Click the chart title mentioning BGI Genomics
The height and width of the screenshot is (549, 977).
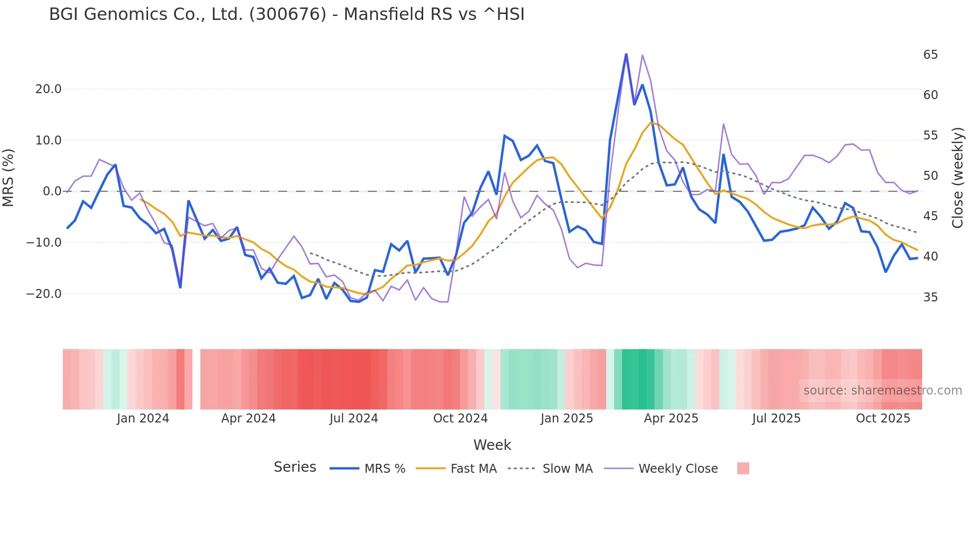[287, 14]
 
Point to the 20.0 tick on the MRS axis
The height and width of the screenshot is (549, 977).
[48, 89]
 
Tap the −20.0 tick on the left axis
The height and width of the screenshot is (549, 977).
[44, 294]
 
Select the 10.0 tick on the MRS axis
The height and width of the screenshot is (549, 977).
[48, 140]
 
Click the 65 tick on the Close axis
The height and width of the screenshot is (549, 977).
[930, 55]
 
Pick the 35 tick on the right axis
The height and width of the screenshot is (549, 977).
[930, 297]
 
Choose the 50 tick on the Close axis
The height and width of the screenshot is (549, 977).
[930, 176]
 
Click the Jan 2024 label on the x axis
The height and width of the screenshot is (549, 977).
[143, 418]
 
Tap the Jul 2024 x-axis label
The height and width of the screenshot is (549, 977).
[354, 418]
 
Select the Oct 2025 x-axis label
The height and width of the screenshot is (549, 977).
[883, 418]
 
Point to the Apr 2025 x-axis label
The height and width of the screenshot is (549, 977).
[671, 418]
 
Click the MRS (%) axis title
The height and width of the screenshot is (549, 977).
[8, 178]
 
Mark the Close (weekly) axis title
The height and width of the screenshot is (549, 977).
[958, 178]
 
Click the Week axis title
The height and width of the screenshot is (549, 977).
[492, 445]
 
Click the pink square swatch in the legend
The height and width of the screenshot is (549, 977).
[743, 468]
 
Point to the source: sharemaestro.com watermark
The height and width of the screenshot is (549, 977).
[882, 391]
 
